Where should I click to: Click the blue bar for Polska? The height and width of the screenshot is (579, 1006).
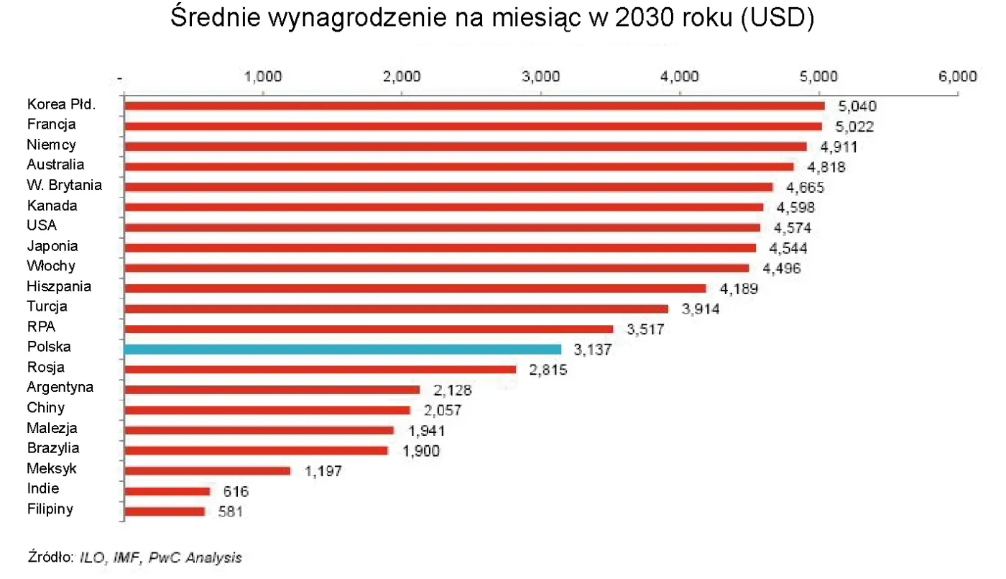click(x=342, y=349)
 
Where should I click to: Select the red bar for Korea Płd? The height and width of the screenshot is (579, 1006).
click(x=474, y=106)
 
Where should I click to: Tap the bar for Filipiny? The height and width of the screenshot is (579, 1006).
click(x=165, y=511)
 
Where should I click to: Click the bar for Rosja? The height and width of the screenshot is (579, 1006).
click(x=320, y=369)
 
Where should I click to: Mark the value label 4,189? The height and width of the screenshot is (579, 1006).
click(x=739, y=289)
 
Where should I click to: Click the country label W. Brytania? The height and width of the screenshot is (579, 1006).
click(x=64, y=186)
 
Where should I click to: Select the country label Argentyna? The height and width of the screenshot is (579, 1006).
click(x=60, y=387)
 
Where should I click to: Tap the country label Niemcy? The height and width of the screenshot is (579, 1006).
click(x=51, y=145)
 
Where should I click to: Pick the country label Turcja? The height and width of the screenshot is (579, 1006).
click(x=47, y=306)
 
